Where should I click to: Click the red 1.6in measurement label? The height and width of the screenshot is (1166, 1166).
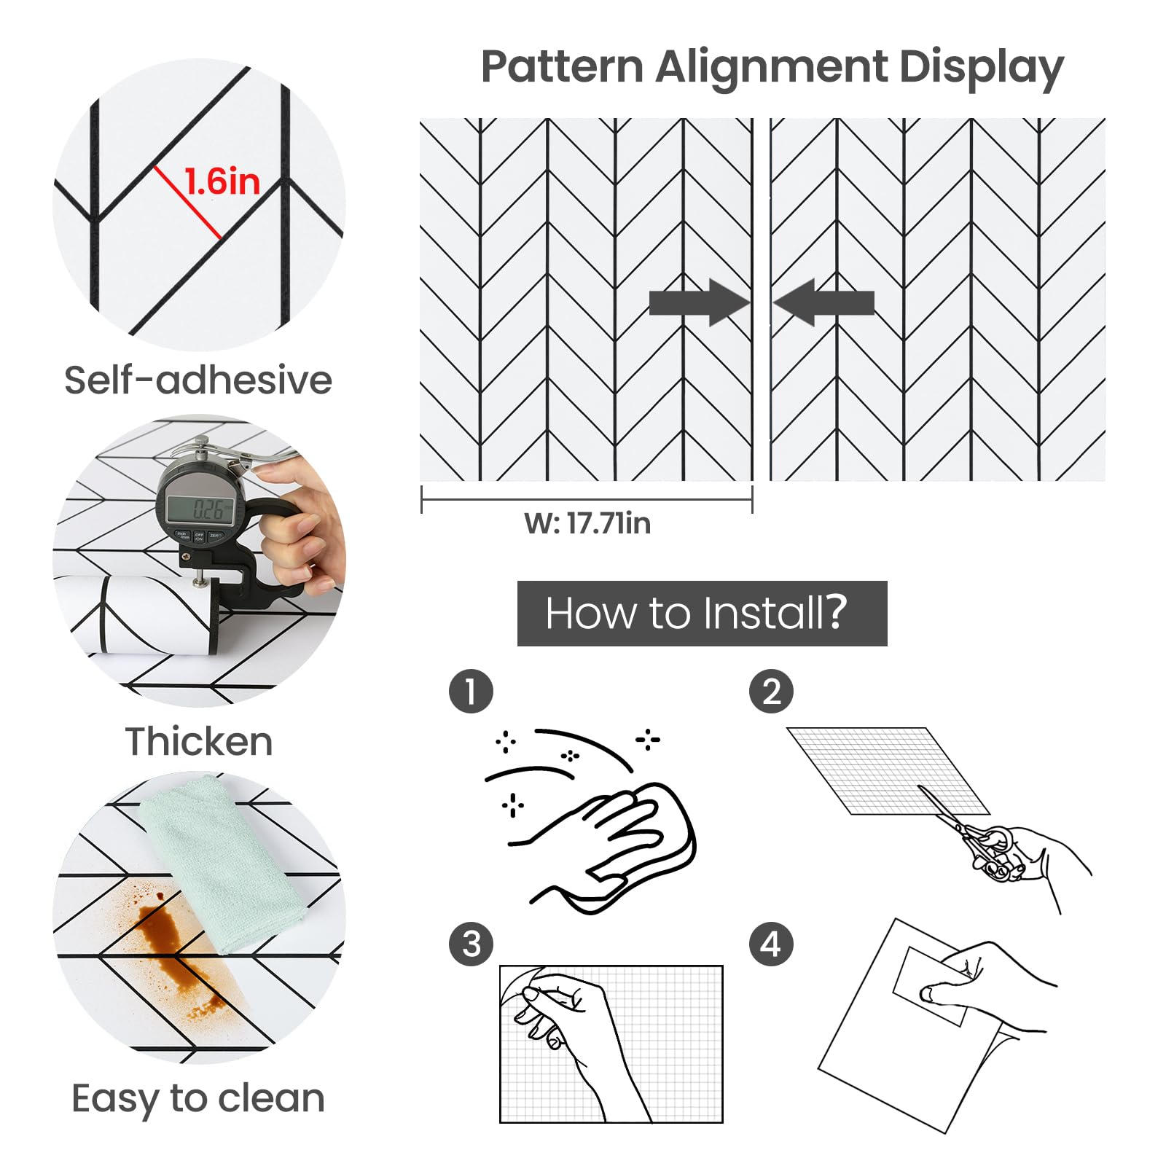tap(222, 181)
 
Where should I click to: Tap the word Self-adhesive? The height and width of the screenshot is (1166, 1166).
tap(198, 380)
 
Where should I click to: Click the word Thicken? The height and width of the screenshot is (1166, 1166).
tap(199, 741)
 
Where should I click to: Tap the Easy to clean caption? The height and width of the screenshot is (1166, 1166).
tap(198, 1098)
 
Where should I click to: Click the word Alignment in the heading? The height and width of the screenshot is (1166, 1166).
tap(771, 67)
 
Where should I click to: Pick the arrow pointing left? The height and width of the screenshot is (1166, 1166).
tap(823, 302)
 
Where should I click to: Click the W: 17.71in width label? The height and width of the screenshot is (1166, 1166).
tap(587, 523)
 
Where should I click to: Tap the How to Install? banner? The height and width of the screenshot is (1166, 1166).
tap(703, 614)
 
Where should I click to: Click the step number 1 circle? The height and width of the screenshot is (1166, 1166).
tap(471, 691)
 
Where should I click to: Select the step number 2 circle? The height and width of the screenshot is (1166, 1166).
tap(771, 691)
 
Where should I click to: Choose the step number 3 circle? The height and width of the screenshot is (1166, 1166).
tap(471, 944)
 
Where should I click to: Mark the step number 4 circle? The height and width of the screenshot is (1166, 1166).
tap(771, 944)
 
